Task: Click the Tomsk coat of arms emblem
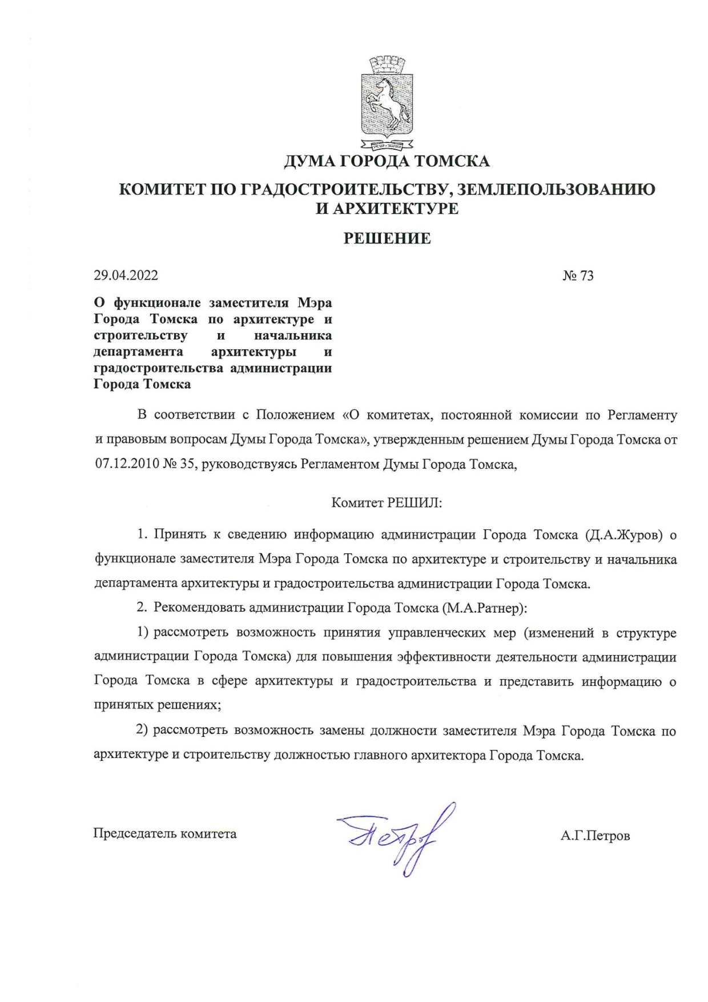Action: (x=387, y=103)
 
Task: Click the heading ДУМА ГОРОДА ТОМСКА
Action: (x=387, y=162)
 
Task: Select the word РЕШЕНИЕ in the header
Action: (x=387, y=238)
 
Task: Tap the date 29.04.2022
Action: (x=126, y=276)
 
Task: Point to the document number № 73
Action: (x=578, y=276)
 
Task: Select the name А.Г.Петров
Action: (x=595, y=836)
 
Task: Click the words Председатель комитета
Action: (x=164, y=834)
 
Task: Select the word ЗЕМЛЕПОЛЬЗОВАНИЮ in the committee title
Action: (x=556, y=190)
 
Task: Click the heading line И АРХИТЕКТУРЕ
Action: (x=387, y=209)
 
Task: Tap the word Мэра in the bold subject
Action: (x=315, y=302)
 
